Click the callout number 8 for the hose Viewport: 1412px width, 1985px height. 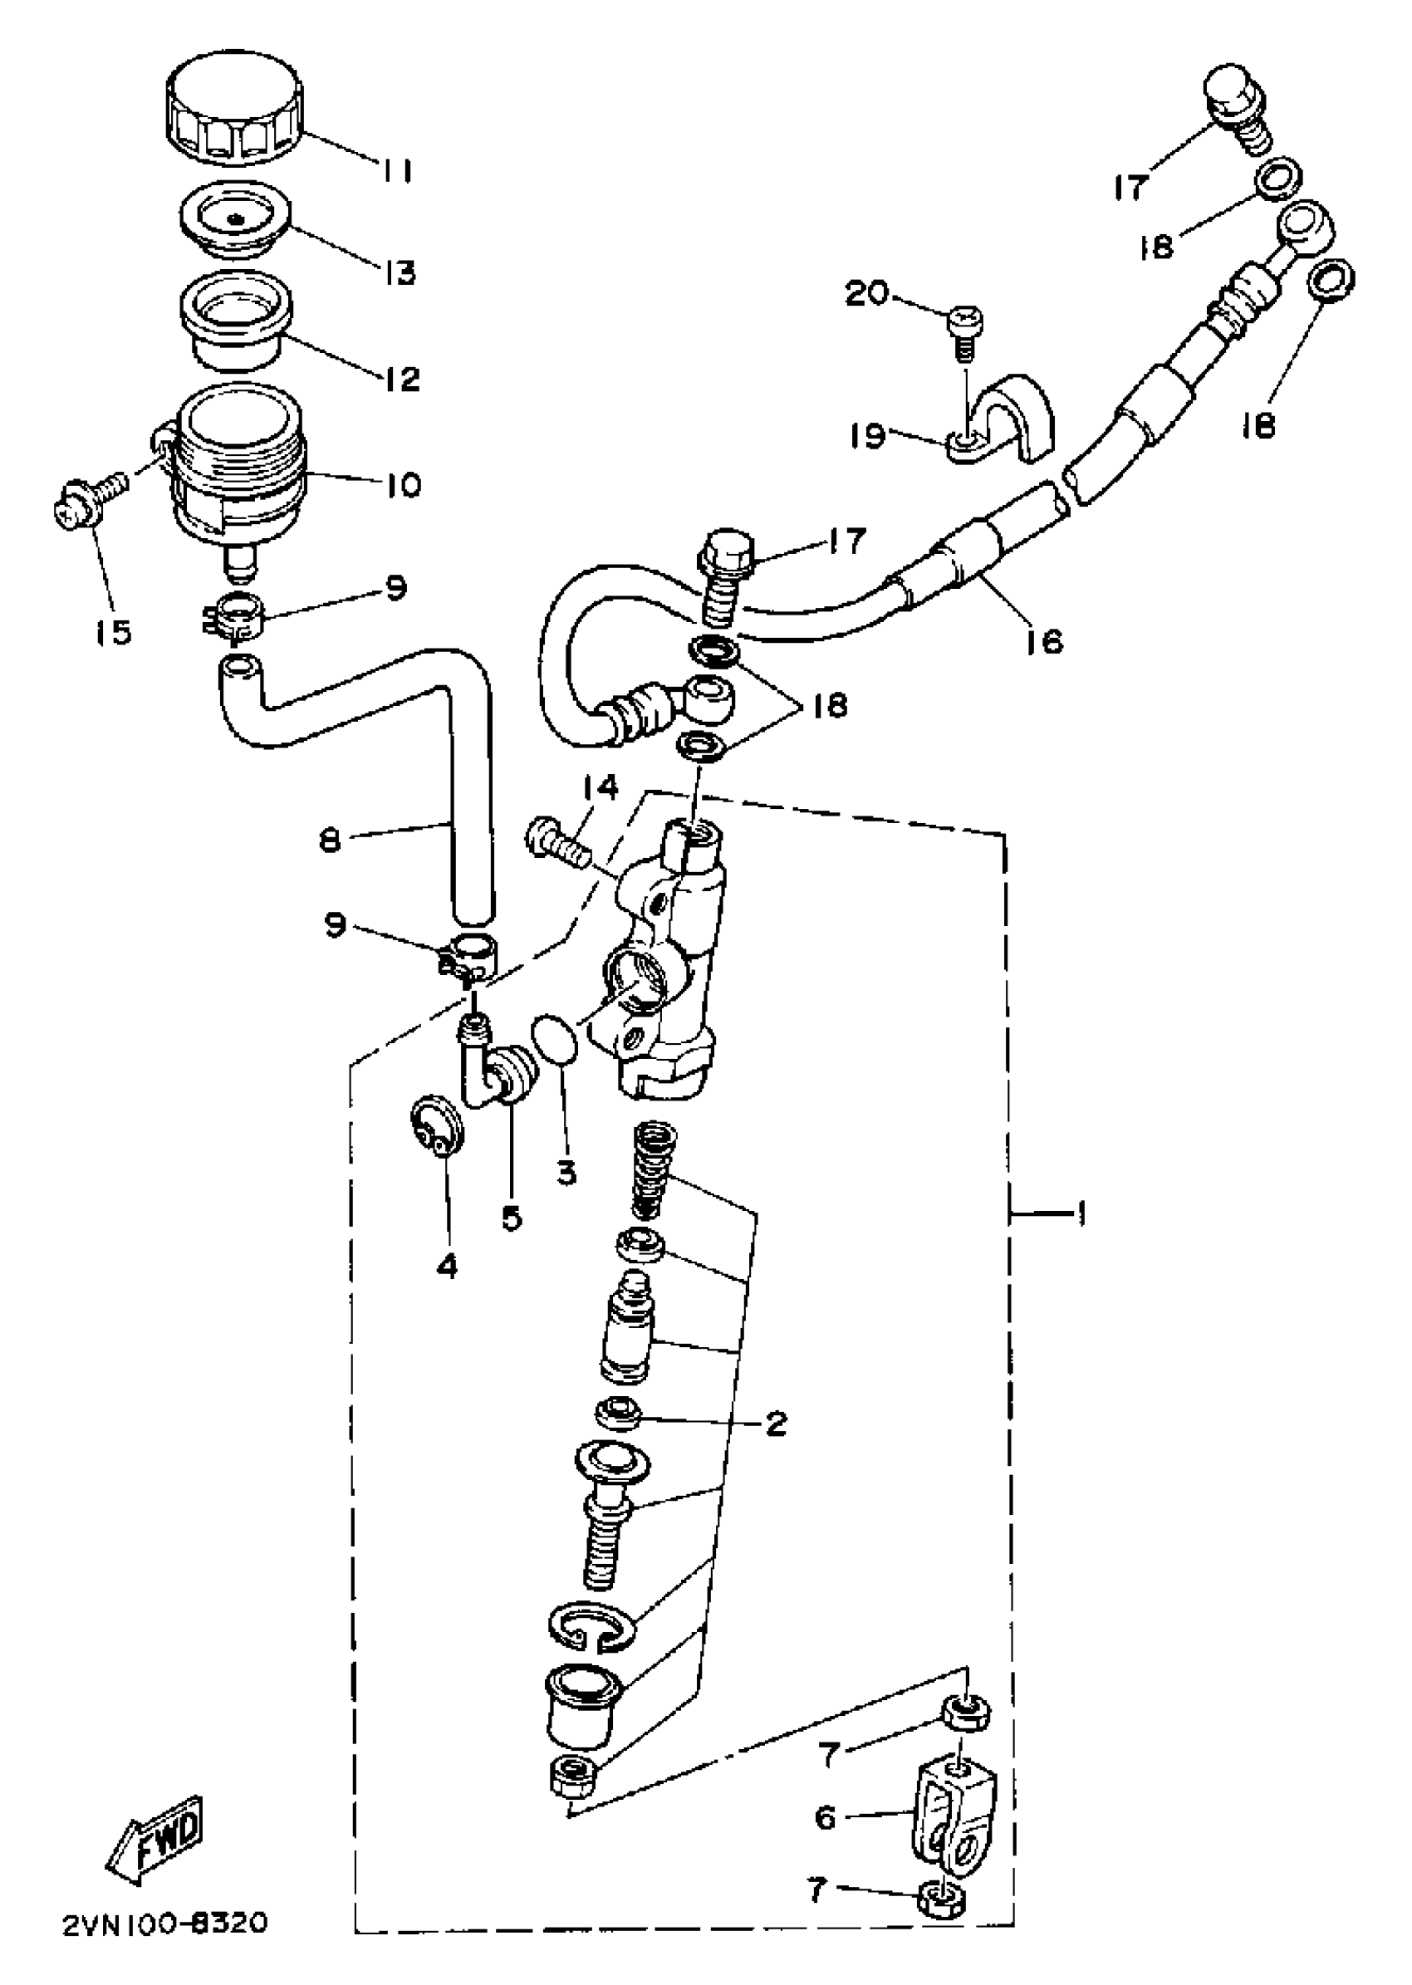click(x=330, y=841)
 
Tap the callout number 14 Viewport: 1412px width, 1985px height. click(x=600, y=787)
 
